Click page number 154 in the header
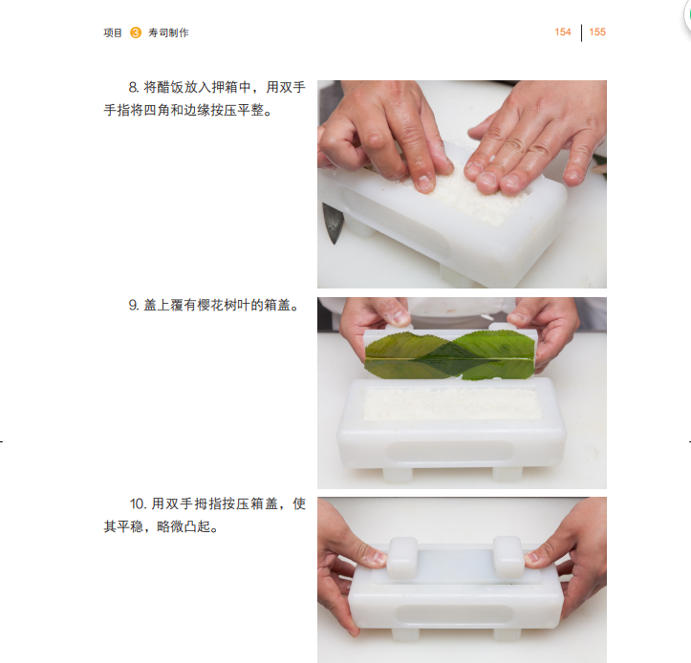[x=562, y=32]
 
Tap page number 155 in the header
[x=597, y=32]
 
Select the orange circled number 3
[x=136, y=32]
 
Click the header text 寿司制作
[x=168, y=32]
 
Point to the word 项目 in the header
[x=113, y=32]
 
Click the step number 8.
[x=134, y=87]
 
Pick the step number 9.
[x=134, y=305]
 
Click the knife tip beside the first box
[x=335, y=243]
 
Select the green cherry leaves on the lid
[x=450, y=356]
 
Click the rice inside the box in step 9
[x=452, y=404]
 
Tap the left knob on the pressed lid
[x=401, y=557]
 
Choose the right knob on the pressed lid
[x=509, y=557]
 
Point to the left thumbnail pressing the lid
[x=376, y=557]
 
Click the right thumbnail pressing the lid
[x=531, y=558]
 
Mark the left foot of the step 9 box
[x=398, y=475]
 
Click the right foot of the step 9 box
[x=507, y=474]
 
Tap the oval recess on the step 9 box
[x=450, y=452]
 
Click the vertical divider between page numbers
[x=581, y=33]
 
